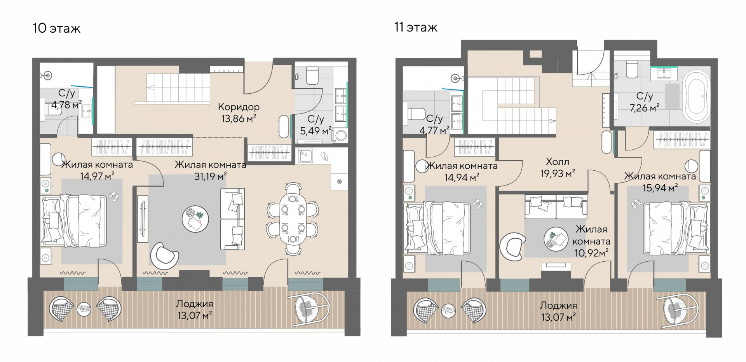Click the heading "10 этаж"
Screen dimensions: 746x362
tap(57, 28)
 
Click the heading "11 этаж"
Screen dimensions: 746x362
tap(416, 27)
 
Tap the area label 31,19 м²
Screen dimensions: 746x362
tap(211, 177)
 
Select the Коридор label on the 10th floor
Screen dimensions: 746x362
tap(239, 107)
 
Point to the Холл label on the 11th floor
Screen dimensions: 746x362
tap(558, 161)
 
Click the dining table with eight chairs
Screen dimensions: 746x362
tap(293, 219)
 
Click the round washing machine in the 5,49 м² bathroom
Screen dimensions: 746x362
tap(342, 136)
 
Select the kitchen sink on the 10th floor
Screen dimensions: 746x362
tap(305, 156)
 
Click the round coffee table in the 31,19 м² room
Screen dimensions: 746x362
tap(195, 219)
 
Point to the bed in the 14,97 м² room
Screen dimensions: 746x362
tap(73, 221)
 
